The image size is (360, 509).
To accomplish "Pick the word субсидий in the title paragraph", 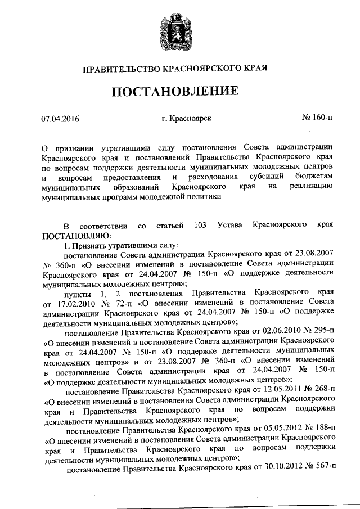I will click(264, 177).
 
